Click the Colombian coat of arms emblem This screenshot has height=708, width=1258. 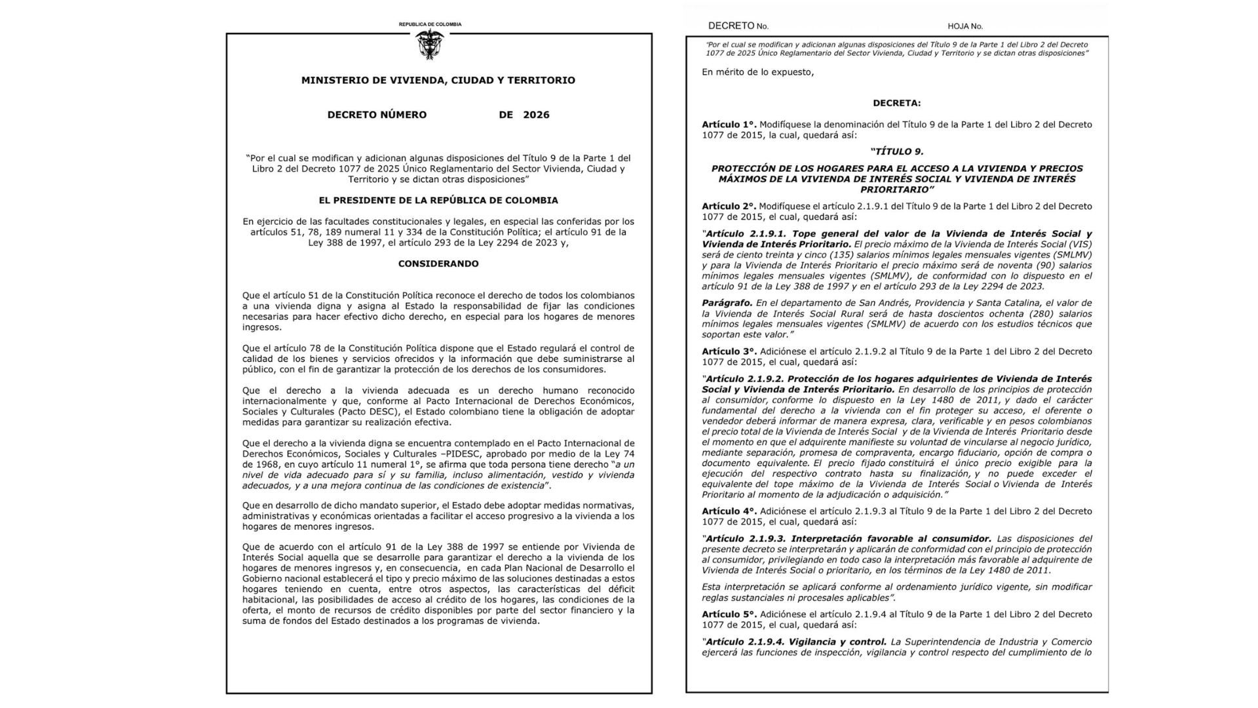tap(430, 44)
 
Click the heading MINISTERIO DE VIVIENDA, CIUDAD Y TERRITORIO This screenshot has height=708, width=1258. tap(438, 81)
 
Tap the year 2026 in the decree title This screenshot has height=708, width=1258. tap(536, 115)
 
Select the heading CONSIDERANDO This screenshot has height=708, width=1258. tap(438, 264)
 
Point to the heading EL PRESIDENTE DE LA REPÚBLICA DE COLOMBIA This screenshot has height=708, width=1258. tap(438, 201)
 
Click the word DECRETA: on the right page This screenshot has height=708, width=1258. tap(896, 103)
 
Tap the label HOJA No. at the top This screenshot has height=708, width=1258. tap(964, 26)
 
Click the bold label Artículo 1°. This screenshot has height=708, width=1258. tap(729, 125)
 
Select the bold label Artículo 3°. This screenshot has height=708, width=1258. tap(729, 351)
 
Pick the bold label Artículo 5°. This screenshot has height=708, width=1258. tap(729, 614)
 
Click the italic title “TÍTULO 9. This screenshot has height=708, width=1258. tap(896, 151)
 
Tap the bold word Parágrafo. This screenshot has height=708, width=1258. tap(727, 303)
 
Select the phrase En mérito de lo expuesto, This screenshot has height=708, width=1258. tap(757, 72)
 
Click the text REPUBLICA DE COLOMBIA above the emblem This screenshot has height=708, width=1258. tap(430, 24)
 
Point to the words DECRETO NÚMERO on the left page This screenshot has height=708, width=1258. tap(377, 115)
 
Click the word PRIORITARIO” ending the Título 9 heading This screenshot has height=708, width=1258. tap(897, 189)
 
